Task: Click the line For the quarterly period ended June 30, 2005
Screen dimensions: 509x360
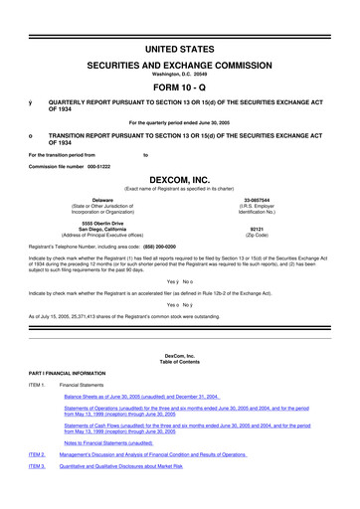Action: pos(180,121)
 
